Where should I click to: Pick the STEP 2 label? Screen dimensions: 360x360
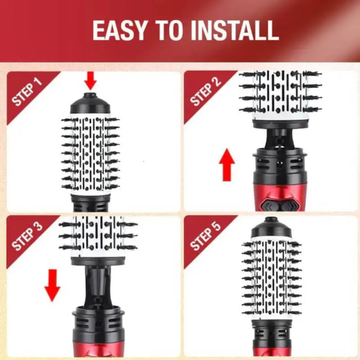tap(206, 93)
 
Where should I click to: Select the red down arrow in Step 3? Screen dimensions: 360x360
tap(52, 284)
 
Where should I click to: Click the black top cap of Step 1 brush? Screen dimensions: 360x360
tap(90, 104)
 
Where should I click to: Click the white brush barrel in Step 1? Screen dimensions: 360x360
tap(90, 153)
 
